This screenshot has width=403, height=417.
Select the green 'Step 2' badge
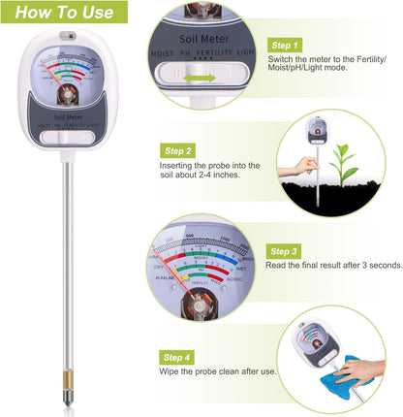click(x=177, y=151)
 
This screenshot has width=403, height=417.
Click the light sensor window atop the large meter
click(x=65, y=36)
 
